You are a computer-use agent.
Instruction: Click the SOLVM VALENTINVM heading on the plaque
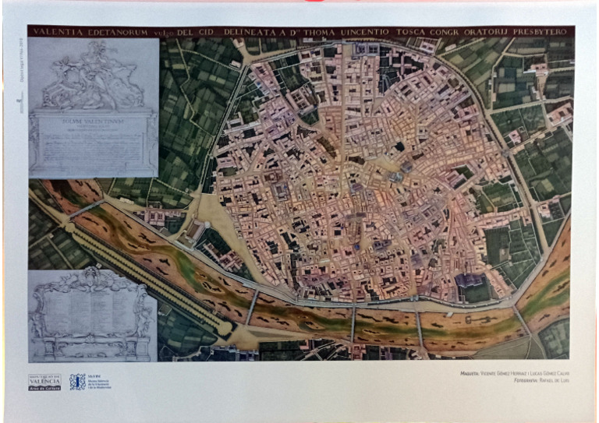(94, 121)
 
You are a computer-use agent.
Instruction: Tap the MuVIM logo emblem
(77, 382)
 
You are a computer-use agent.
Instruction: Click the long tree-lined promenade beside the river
(148, 269)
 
